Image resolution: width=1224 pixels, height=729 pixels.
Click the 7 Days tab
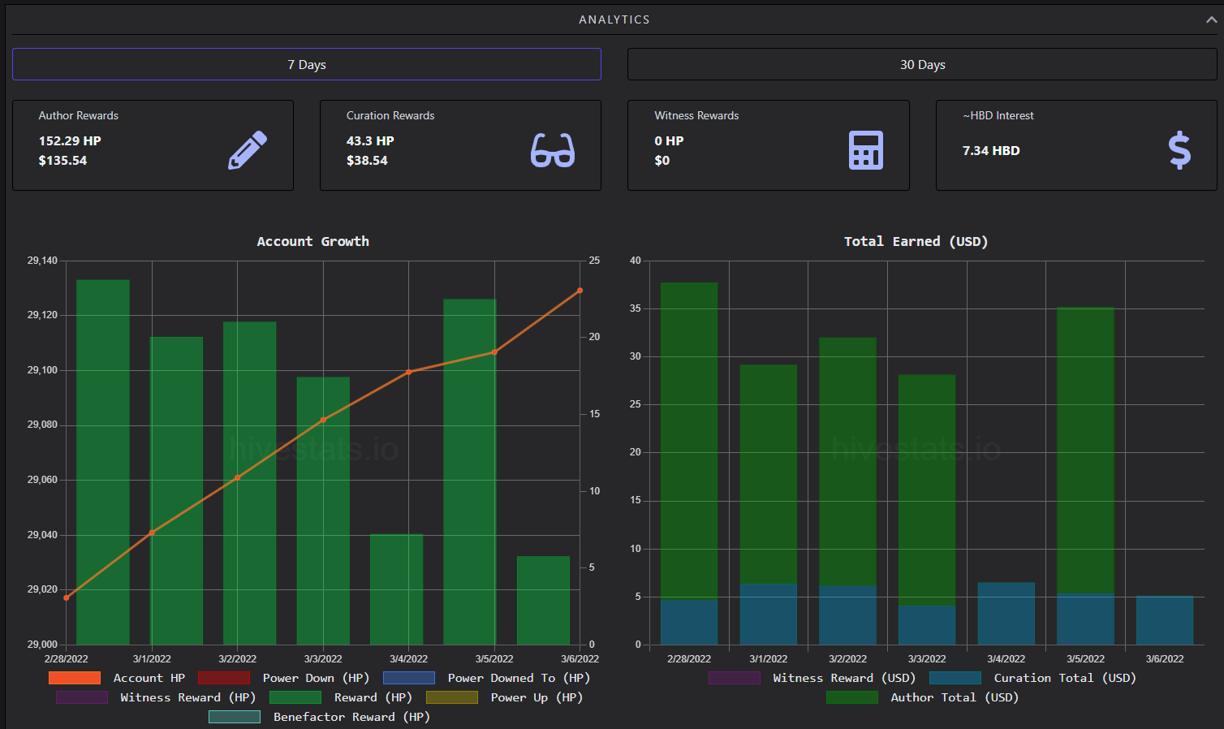(x=307, y=64)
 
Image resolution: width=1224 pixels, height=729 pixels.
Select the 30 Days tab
(x=922, y=64)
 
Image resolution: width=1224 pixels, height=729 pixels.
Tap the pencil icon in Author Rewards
(x=248, y=150)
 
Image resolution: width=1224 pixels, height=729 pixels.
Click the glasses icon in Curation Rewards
(x=553, y=150)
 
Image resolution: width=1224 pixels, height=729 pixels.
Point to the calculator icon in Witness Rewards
(x=865, y=150)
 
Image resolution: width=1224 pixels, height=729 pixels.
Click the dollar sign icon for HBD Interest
(x=1179, y=150)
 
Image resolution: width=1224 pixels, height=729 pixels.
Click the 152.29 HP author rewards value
(x=70, y=141)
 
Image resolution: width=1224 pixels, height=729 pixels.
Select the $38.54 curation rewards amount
(x=367, y=161)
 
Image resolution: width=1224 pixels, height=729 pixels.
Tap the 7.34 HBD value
(x=991, y=151)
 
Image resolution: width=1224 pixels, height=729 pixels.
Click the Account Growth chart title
(x=313, y=242)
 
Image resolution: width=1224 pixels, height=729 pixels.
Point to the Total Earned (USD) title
(x=916, y=242)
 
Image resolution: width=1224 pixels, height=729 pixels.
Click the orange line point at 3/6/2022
(x=580, y=291)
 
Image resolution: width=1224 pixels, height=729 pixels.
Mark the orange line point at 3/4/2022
(x=409, y=372)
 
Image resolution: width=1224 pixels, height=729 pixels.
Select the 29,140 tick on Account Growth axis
(x=42, y=261)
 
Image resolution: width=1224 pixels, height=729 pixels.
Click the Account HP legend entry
(x=117, y=678)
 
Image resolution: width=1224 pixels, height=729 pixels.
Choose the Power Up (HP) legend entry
(x=504, y=698)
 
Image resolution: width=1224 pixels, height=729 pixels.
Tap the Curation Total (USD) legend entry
(x=1032, y=678)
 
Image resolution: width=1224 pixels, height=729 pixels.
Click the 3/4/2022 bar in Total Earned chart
(x=1006, y=613)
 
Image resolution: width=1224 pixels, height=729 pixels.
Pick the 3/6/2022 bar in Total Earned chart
(x=1165, y=620)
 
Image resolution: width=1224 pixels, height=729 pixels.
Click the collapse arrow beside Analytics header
(x=1212, y=19)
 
